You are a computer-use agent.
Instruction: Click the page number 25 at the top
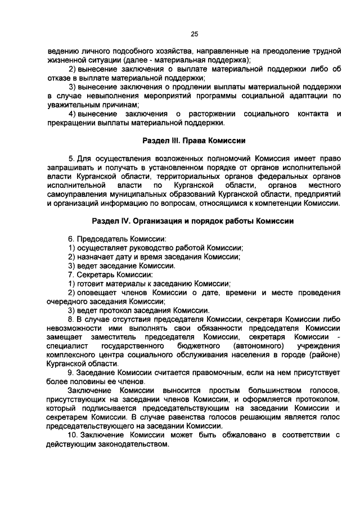point(194,34)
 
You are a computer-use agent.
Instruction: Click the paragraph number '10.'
point(74,435)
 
